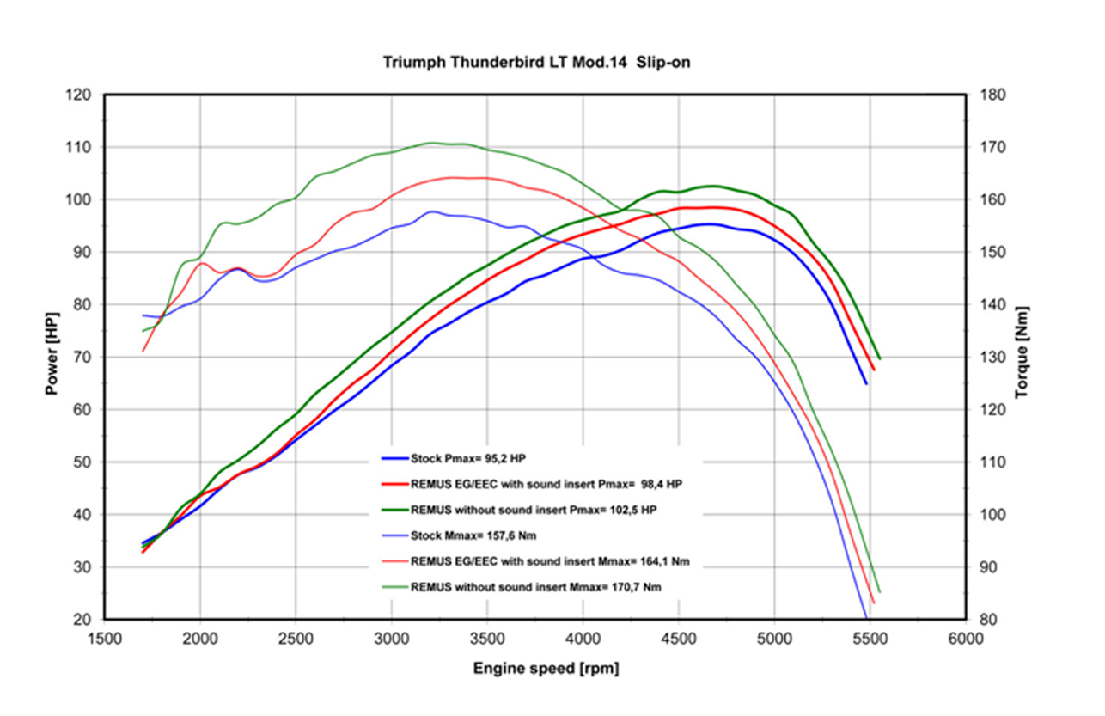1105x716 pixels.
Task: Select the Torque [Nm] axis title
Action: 1022,352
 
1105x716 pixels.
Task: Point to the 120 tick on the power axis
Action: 79,95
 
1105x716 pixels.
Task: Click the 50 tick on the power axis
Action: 82,462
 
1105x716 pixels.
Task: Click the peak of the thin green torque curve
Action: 432,143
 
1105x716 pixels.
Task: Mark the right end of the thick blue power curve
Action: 866,383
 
